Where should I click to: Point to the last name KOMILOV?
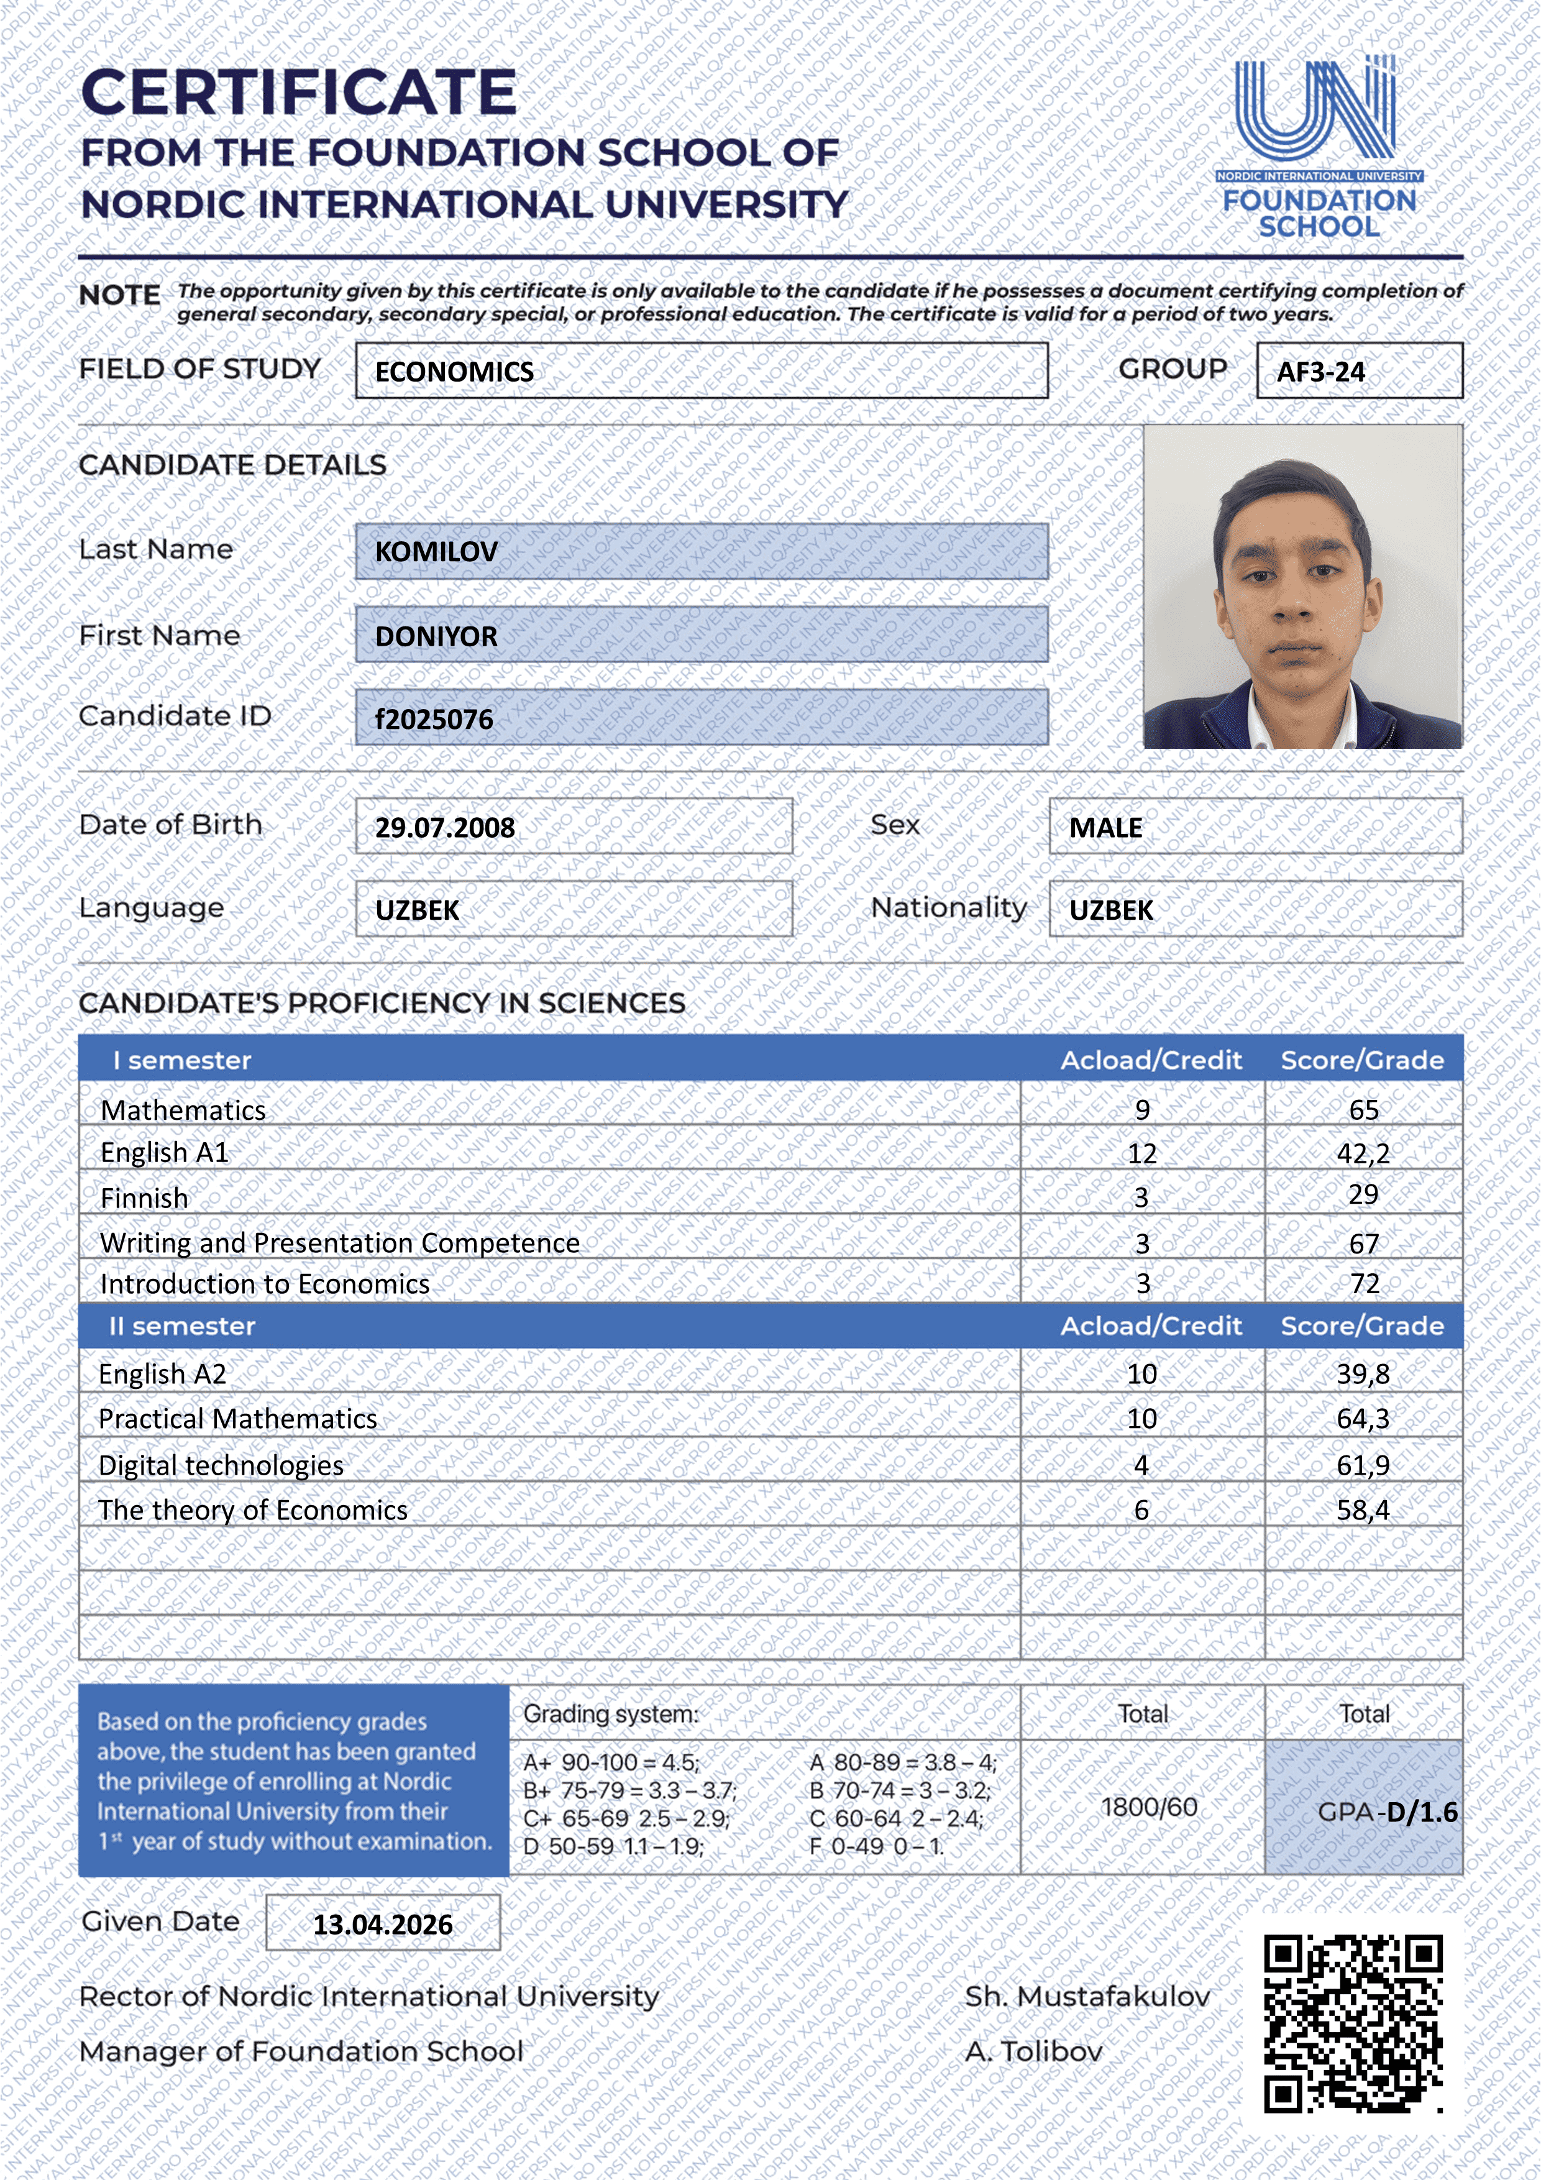pos(437,552)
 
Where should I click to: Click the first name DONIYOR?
pos(437,636)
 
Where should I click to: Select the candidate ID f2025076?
pos(434,720)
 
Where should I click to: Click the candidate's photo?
pos(1302,587)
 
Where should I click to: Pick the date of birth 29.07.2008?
pos(446,828)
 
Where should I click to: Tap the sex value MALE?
pos(1106,828)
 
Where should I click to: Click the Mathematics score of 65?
pos(1363,1110)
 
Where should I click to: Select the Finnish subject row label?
pos(144,1198)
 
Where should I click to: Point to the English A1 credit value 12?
pos(1142,1153)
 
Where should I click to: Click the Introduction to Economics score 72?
pos(1365,1284)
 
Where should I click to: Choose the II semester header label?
pos(182,1326)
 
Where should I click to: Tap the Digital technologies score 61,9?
pos(1363,1465)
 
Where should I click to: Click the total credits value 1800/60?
pos(1149,1807)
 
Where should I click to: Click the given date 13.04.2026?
pos(383,1925)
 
